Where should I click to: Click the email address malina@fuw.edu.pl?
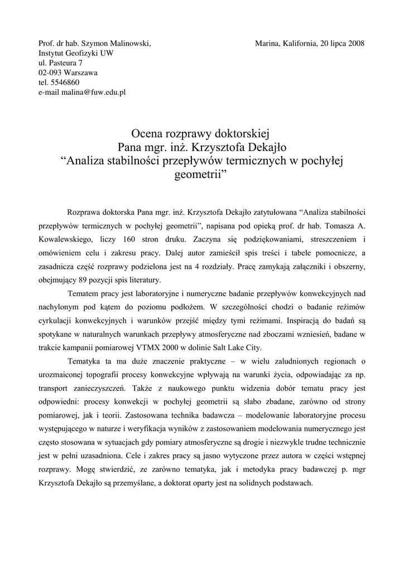[94, 93]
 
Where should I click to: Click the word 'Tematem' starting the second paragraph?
[83, 293]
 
